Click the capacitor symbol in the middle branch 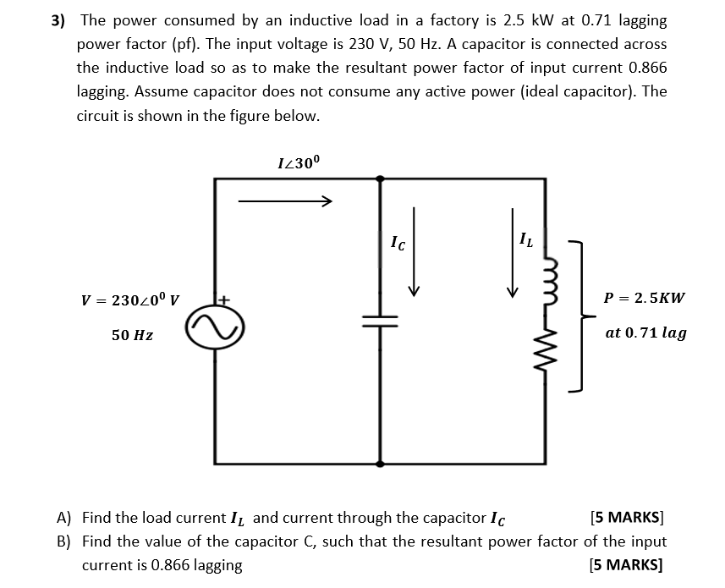380,322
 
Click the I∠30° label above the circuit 299,162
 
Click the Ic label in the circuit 398,245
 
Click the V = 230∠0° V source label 131,299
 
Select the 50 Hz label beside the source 132,335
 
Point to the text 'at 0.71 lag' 645,333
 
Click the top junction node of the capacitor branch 380,179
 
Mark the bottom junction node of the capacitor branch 380,464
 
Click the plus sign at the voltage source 226,299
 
